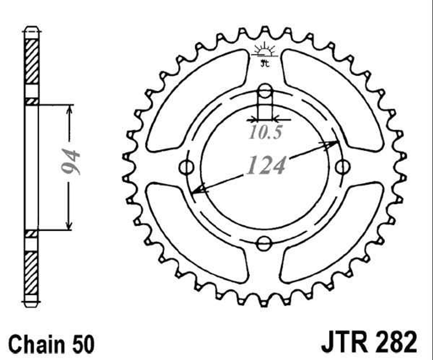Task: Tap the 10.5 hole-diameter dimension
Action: (x=265, y=132)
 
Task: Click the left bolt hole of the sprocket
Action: (x=187, y=167)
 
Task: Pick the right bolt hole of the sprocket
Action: (x=342, y=167)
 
